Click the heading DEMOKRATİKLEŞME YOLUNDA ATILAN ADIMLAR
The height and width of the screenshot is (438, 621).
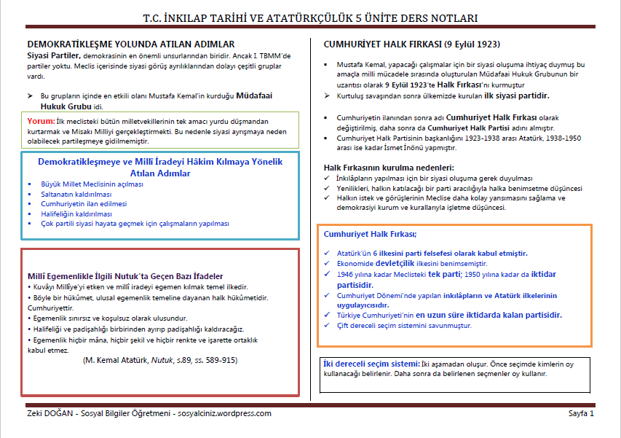[x=130, y=44]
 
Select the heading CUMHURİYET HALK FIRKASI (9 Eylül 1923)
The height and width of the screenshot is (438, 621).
[x=412, y=44]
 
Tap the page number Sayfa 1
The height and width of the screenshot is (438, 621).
[x=581, y=413]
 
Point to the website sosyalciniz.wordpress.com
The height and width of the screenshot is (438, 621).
[x=224, y=413]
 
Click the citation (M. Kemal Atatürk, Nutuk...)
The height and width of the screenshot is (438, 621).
[x=159, y=360]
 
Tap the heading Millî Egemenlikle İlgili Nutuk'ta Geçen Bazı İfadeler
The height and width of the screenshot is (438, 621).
[x=125, y=276]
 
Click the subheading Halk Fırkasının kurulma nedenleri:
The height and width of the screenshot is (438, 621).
[x=389, y=168]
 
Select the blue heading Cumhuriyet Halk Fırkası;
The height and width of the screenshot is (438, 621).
[x=370, y=234]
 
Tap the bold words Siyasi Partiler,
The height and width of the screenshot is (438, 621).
[x=54, y=55]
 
